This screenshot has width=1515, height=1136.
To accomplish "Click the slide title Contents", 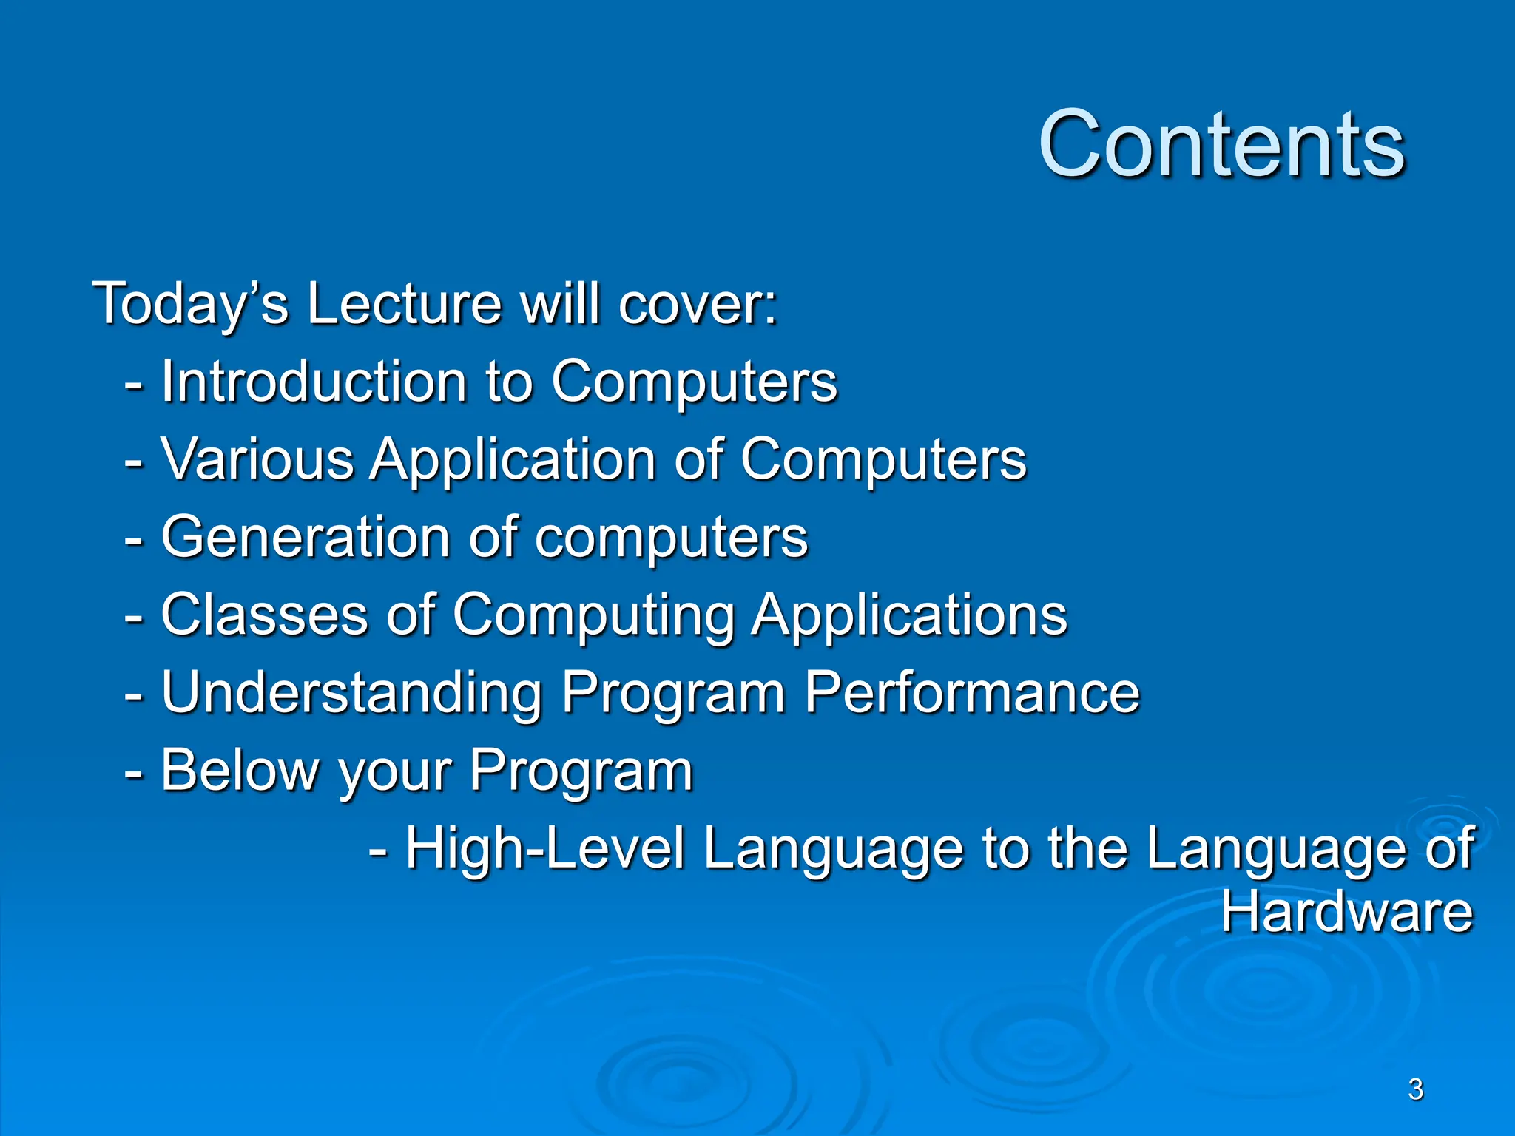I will [1221, 144].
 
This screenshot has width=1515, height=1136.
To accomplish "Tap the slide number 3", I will [1415, 1089].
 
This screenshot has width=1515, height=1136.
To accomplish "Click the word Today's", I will [190, 303].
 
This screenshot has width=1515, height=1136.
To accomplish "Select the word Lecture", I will [404, 303].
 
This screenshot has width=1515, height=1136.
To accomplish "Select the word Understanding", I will [352, 693].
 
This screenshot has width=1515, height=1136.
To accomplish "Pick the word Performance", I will [971, 693].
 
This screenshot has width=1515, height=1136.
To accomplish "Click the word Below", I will [239, 771].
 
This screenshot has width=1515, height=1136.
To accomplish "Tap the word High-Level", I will [545, 848].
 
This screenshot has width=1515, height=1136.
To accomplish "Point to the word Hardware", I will [1346, 912].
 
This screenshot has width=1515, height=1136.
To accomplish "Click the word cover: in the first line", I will [698, 305].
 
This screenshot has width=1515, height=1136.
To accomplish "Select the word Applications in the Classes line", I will [909, 616].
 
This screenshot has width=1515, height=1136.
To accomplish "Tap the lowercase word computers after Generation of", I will [671, 538].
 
